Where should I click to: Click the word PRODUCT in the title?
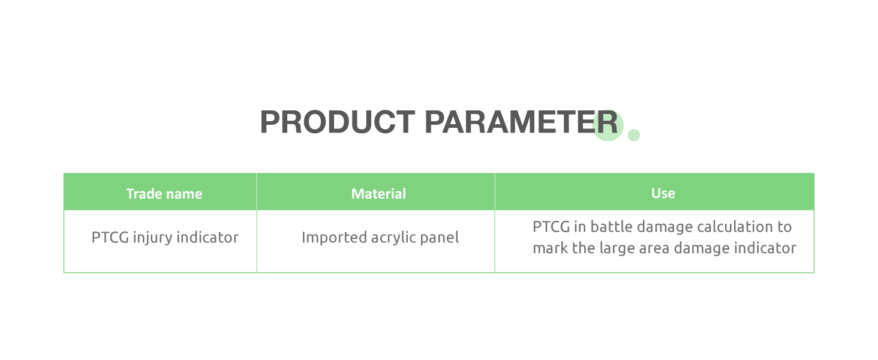(x=338, y=122)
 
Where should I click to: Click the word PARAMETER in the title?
(x=521, y=122)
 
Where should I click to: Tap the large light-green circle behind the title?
(x=608, y=125)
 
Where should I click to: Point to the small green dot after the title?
(x=633, y=135)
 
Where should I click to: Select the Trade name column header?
(x=164, y=194)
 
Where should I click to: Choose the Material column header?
(x=378, y=194)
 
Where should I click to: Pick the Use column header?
(x=663, y=193)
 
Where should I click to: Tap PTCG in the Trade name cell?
(x=110, y=237)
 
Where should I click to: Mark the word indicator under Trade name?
(x=208, y=237)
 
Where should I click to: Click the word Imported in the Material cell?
(x=334, y=238)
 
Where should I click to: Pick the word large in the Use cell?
(x=617, y=248)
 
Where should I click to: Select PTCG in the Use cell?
(x=551, y=227)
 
